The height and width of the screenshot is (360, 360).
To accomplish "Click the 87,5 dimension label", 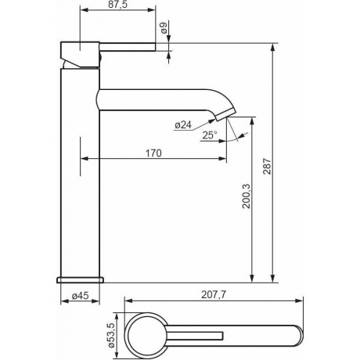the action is click(x=118, y=5).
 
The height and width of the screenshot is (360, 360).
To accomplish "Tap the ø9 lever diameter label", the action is click(x=164, y=28).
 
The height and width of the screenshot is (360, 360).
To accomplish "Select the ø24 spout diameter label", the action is click(x=183, y=125).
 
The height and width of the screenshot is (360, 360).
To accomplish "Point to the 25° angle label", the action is click(x=210, y=135).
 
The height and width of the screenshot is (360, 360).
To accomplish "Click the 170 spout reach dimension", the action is click(x=153, y=153).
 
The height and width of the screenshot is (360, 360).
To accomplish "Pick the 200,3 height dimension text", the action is click(x=246, y=196).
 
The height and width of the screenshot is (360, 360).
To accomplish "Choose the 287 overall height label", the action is click(x=267, y=166).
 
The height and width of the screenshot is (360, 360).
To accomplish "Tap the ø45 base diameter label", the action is click(x=80, y=296).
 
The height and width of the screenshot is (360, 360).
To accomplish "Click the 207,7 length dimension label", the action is click(x=214, y=295).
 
